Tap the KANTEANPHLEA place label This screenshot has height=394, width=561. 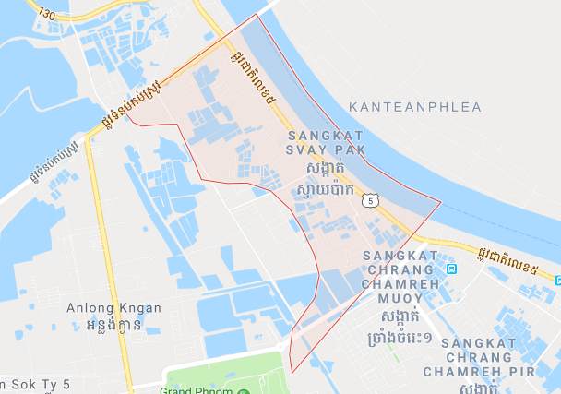coord(416,107)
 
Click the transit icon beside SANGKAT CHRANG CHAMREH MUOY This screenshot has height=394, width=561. coord(451,269)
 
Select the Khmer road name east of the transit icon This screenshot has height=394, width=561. coord(509,265)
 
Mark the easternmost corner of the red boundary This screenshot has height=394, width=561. coord(441,202)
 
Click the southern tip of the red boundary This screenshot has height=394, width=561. coord(292,372)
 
